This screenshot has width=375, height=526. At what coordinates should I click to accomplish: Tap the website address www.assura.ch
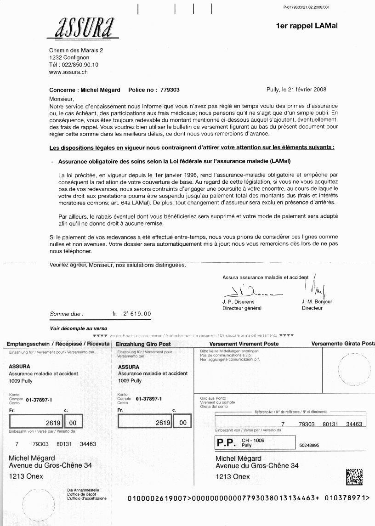(68, 72)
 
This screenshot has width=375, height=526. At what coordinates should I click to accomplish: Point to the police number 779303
(170, 90)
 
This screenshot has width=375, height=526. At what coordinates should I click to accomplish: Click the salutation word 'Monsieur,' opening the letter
(62, 99)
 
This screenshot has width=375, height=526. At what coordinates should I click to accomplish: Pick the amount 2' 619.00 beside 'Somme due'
(136, 314)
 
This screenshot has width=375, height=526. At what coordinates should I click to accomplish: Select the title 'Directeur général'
(242, 308)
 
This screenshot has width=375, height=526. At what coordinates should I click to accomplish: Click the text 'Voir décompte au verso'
(78, 328)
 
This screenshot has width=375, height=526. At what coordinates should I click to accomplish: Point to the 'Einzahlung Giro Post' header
(144, 344)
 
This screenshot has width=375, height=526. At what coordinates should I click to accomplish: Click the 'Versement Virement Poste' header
(244, 344)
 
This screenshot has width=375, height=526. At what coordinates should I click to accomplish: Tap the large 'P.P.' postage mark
(226, 443)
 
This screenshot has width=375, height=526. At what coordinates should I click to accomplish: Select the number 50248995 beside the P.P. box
(309, 445)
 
